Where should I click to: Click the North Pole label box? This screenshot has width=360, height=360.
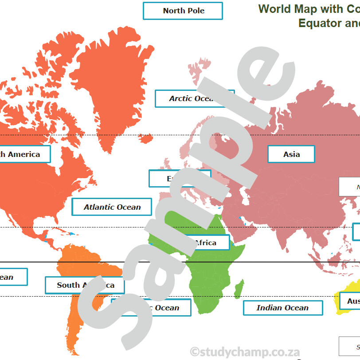(x=183, y=11)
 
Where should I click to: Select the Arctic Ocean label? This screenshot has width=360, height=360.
(x=194, y=98)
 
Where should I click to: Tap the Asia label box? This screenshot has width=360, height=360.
(x=291, y=154)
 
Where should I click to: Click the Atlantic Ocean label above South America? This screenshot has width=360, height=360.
(x=112, y=207)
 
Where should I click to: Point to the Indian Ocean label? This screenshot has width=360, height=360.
(x=282, y=308)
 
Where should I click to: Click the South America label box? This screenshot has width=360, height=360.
(x=85, y=285)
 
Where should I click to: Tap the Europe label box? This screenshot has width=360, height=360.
(x=179, y=179)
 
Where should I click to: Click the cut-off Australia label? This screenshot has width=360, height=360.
(x=349, y=301)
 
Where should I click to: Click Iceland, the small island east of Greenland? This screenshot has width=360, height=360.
(x=145, y=139)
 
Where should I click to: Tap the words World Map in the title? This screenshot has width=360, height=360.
(x=284, y=9)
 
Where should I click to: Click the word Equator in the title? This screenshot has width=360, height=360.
(x=319, y=23)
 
